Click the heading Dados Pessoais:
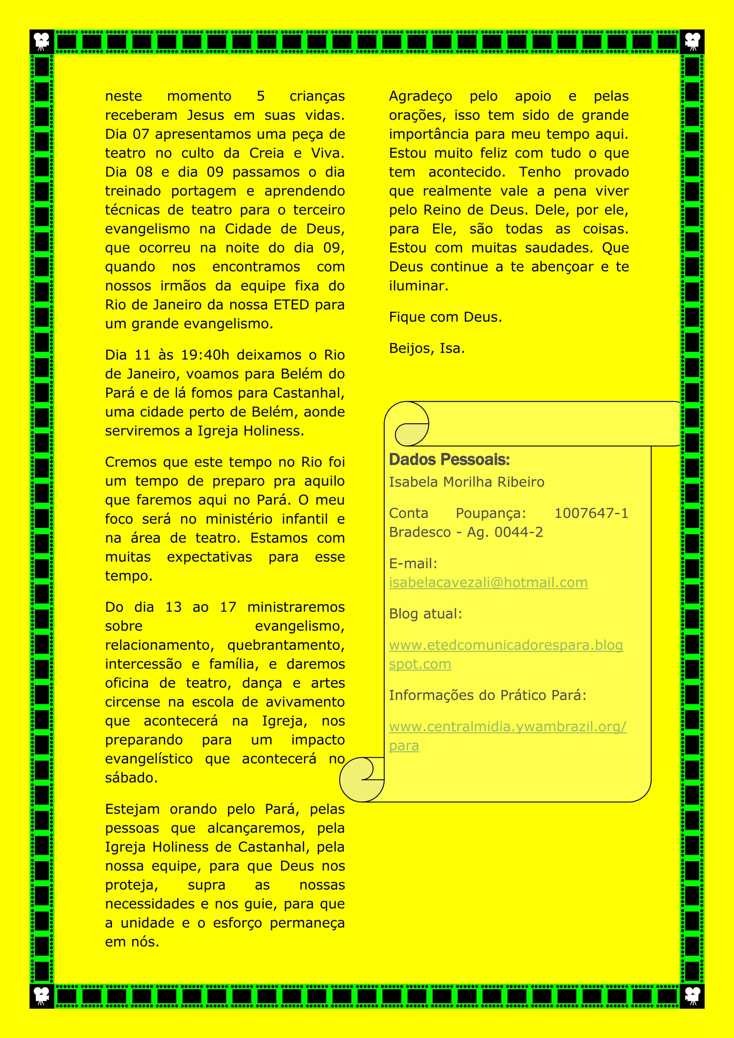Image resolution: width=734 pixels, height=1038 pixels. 449,460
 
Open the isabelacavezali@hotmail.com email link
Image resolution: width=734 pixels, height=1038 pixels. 488,583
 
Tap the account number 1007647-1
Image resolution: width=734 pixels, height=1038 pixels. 591,513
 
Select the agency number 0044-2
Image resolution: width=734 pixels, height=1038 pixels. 518,532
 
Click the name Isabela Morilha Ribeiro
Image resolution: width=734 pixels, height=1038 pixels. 466,482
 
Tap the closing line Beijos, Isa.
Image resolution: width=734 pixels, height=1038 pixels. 426,348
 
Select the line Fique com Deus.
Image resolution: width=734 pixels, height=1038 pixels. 445,317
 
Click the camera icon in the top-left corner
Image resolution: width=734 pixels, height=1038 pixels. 42,42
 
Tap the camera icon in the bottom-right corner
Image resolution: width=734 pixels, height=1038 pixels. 692,996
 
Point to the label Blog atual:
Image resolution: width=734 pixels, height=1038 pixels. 425,614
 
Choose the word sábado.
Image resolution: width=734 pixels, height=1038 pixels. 131,778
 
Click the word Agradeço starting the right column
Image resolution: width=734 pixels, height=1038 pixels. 420,96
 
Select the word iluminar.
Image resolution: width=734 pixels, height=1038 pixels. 418,286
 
